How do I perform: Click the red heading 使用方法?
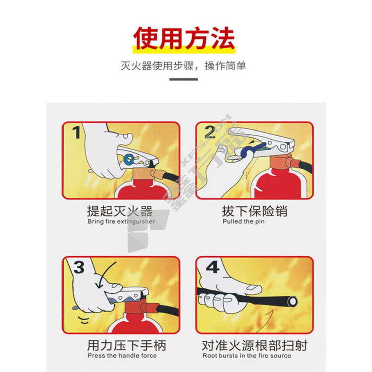[184, 38]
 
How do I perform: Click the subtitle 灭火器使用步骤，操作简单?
[183, 66]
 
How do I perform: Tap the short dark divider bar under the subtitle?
[183, 79]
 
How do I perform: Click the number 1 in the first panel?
[76, 132]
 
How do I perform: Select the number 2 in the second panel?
[210, 132]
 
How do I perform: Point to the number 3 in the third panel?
[79, 267]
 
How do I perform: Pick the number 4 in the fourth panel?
[213, 267]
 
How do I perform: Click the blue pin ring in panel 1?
[129, 159]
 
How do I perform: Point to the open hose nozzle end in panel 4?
[292, 301]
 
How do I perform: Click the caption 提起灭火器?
[120, 211]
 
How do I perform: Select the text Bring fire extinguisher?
[121, 222]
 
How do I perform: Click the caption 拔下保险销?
[254, 211]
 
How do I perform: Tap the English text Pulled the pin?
[243, 221]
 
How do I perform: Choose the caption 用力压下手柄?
[126, 345]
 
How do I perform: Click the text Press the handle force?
[122, 356]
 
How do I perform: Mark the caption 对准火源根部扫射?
[254, 345]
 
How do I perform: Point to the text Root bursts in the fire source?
[246, 356]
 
